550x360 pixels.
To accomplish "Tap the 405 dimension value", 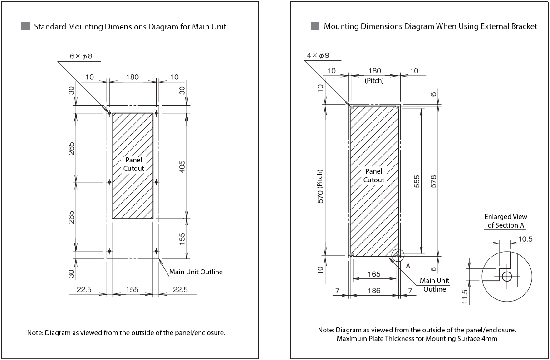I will (x=182, y=166).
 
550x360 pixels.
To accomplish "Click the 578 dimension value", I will (x=433, y=181).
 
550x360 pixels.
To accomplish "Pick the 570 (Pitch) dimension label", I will (x=320, y=186).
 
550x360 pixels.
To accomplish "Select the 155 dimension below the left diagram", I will (x=132, y=290).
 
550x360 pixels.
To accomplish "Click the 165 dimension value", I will (x=373, y=274).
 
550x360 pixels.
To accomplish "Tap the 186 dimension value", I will (x=374, y=290).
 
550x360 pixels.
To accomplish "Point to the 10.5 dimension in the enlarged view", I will (x=525, y=238).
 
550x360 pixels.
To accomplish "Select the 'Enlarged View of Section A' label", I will (x=506, y=221).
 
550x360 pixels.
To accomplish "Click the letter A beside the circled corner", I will (x=408, y=266).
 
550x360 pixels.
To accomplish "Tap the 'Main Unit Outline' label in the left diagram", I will (x=196, y=272).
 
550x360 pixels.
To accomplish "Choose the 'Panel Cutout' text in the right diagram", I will (x=374, y=175).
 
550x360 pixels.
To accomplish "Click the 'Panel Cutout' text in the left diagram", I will (x=133, y=164).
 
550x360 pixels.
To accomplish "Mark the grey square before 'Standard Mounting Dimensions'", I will (x=26, y=26).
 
